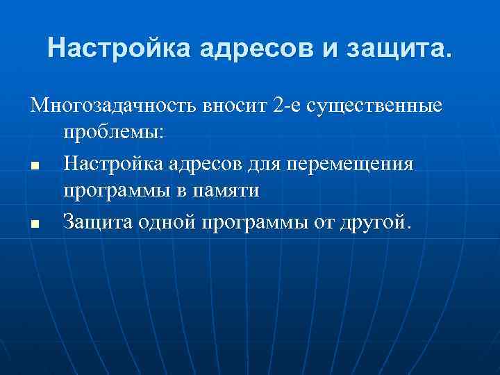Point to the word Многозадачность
[x=115, y=107]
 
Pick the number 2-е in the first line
[x=290, y=107]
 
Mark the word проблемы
[x=113, y=133]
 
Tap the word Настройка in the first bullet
[x=113, y=165]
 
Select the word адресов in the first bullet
[x=202, y=165]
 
